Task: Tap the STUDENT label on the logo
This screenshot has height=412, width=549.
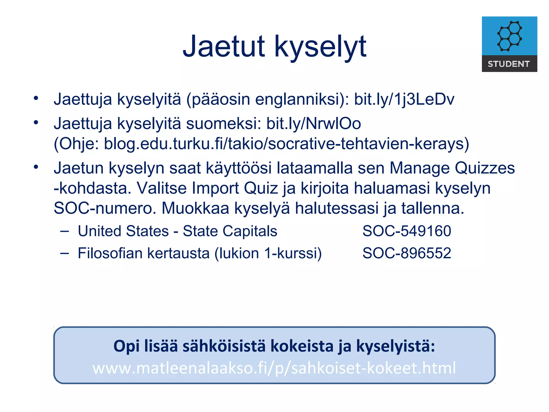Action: click(x=509, y=64)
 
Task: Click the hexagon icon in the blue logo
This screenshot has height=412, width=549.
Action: click(x=509, y=36)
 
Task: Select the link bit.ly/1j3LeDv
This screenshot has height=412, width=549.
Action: click(x=404, y=99)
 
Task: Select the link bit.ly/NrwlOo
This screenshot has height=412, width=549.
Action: click(x=313, y=124)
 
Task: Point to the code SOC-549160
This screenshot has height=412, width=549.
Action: click(x=407, y=231)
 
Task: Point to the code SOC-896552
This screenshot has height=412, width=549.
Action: click(x=407, y=253)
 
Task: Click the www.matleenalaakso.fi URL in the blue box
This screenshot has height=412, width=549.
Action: click(x=274, y=368)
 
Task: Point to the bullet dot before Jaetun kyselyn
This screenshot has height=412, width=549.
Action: click(x=36, y=167)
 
